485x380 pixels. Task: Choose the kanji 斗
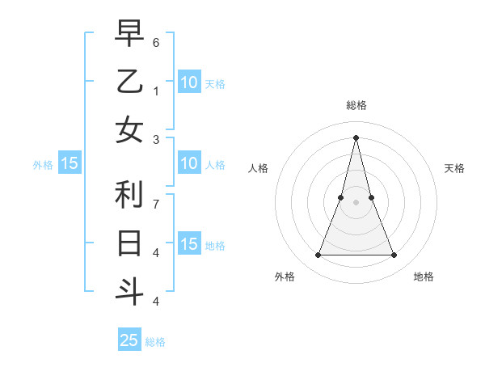tap(129, 291)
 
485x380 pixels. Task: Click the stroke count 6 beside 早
tap(156, 42)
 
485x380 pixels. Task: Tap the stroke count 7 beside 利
tap(156, 205)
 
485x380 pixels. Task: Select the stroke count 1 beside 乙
tap(156, 91)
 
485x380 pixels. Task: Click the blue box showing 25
tap(129, 340)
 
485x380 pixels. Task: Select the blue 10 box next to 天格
tap(188, 82)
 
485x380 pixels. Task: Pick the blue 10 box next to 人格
tap(188, 164)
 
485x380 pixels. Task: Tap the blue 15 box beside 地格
tap(188, 245)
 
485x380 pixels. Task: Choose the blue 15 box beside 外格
tap(70, 164)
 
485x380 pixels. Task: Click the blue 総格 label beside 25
tap(155, 342)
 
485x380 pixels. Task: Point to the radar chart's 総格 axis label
tap(356, 105)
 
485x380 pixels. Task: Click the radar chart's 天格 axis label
tap(454, 168)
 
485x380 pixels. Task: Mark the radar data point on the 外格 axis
tap(318, 255)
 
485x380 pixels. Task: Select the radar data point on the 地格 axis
tap(394, 255)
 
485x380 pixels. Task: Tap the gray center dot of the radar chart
tap(356, 202)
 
